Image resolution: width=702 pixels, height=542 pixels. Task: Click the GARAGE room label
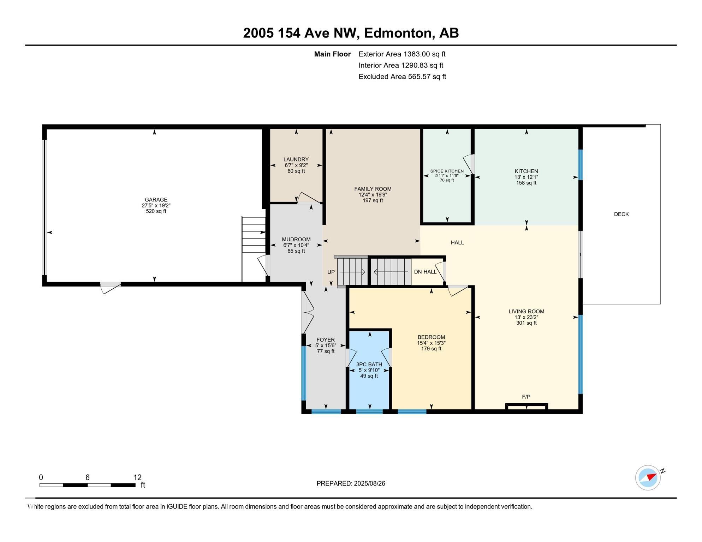pos(156,200)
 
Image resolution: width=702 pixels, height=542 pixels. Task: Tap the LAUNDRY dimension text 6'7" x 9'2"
pos(296,165)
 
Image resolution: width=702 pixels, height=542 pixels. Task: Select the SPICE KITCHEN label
pos(447,171)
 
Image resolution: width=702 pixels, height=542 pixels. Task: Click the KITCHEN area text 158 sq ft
pos(526,183)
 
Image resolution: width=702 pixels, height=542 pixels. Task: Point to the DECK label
pos(621,214)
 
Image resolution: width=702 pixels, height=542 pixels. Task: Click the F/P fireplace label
pos(526,397)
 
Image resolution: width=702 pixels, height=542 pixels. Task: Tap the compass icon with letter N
pos(648,477)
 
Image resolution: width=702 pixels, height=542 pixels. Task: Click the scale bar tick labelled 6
pos(87,477)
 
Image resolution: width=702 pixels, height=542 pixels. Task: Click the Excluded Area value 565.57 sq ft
pos(427,77)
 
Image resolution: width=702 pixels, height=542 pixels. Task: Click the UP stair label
pos(331,272)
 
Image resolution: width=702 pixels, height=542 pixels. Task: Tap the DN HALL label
pos(425,272)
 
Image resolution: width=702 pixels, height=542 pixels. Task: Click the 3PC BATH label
pos(369,365)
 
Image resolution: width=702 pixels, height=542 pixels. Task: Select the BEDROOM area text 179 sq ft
pos(431,349)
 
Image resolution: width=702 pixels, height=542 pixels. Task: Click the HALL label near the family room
pos(457,242)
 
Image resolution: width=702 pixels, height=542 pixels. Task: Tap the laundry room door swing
pos(308,198)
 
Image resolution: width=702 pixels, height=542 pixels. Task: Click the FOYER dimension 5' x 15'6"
pos(326,346)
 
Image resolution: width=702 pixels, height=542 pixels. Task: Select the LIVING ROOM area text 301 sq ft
pos(526,323)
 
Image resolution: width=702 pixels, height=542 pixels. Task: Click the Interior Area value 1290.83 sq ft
pos(422,65)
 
